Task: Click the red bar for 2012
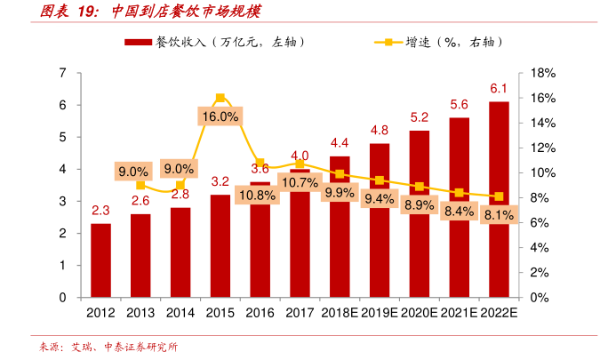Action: (100, 260)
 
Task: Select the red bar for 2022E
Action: (499, 200)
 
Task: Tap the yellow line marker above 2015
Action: (220, 98)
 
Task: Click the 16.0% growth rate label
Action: (220, 116)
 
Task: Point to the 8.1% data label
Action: (499, 215)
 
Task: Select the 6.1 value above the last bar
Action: (499, 88)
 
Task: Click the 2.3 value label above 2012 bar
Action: (100, 211)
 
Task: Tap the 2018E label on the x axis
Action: (340, 313)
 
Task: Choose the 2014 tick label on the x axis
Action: (180, 313)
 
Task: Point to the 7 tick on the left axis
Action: (62, 73)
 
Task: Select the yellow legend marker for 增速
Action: (388, 42)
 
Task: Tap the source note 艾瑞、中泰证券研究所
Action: (124, 347)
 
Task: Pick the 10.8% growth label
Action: (260, 195)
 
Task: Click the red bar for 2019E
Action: (380, 220)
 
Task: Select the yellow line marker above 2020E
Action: (420, 187)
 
